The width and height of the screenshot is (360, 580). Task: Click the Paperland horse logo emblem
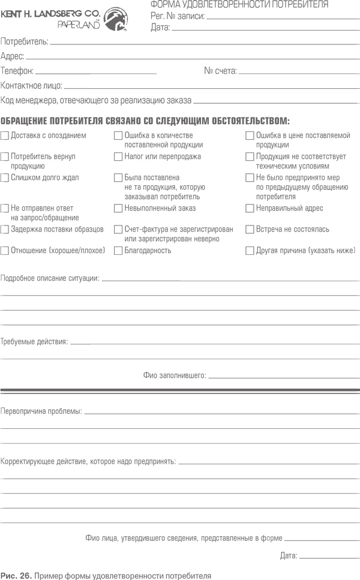click(116, 20)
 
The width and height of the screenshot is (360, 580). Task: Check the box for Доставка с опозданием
click(5, 136)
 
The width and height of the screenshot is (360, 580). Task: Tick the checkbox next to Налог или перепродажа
click(119, 157)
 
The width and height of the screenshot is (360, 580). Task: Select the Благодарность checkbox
click(119, 251)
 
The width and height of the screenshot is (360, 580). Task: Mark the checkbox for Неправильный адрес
click(250, 208)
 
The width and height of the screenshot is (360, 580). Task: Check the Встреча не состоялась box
click(250, 229)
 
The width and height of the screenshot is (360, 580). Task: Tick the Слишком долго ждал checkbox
click(5, 178)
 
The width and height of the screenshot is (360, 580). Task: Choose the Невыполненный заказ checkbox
click(119, 208)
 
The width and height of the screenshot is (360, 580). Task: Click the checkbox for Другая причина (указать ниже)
click(250, 251)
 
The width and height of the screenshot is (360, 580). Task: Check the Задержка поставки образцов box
click(5, 229)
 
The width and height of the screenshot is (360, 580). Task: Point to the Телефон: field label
click(17, 71)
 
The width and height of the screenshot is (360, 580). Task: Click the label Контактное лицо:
click(31, 86)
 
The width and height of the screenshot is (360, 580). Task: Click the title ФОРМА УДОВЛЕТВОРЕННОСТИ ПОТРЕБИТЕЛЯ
click(238, 5)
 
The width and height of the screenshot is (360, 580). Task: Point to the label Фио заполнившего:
click(175, 375)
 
